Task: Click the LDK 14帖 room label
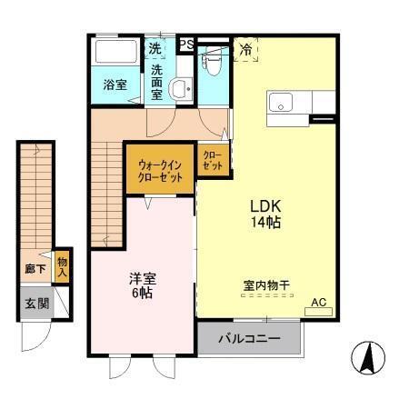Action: (x=265, y=212)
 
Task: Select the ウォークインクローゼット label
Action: (x=159, y=170)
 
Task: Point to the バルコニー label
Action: (x=249, y=340)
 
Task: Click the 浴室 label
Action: (x=115, y=85)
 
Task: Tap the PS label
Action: (x=185, y=44)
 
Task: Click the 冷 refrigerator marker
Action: (x=246, y=49)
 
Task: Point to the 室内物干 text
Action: (x=265, y=285)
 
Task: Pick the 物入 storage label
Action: (x=63, y=266)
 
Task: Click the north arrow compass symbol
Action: (x=365, y=358)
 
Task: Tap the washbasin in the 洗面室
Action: (x=181, y=89)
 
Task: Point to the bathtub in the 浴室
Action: (x=115, y=54)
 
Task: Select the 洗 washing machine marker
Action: (x=155, y=48)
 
